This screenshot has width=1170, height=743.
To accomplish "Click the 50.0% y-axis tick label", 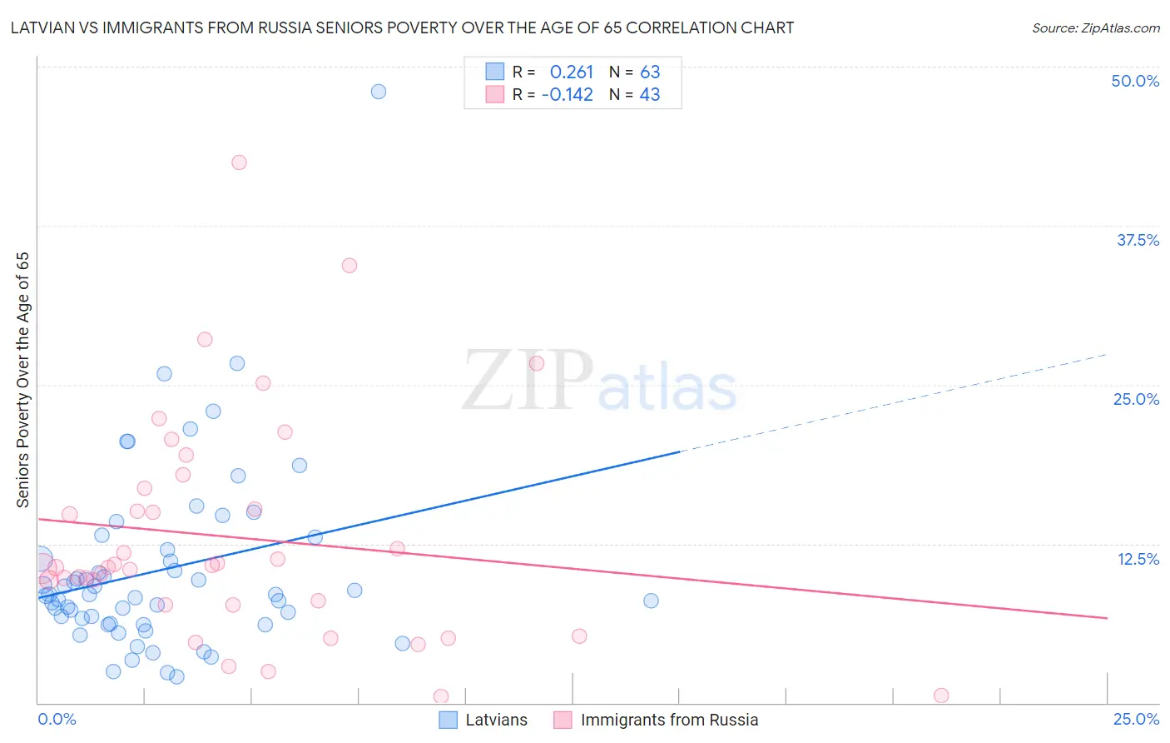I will tap(1135, 81).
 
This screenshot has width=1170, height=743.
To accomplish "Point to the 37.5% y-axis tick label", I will tap(1138, 240).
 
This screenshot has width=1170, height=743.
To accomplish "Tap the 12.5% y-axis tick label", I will tap(1138, 559).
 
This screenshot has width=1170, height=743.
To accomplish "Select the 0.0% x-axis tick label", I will tap(57, 719).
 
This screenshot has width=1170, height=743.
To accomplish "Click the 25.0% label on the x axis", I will tap(1136, 719).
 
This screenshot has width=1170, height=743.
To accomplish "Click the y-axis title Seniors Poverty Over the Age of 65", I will tap(23, 380).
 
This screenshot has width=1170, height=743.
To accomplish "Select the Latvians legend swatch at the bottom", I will tap(449, 720).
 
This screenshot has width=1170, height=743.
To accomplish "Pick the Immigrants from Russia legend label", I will tap(669, 720).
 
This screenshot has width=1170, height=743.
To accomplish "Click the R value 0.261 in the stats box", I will tap(571, 72).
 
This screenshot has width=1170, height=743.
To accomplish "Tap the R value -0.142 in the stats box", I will tap(567, 95).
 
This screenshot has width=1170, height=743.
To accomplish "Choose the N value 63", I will tap(650, 72).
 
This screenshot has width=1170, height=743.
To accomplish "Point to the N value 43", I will tap(650, 95).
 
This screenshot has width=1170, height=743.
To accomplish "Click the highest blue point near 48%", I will tap(379, 92).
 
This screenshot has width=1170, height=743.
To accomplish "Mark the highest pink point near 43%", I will tap(239, 162).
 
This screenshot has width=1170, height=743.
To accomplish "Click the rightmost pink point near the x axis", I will tap(941, 696).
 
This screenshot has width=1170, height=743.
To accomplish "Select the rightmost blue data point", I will tap(651, 601).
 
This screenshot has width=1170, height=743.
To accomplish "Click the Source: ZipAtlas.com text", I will tap(1095, 28).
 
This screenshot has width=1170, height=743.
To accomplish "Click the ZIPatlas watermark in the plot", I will tap(599, 381).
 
